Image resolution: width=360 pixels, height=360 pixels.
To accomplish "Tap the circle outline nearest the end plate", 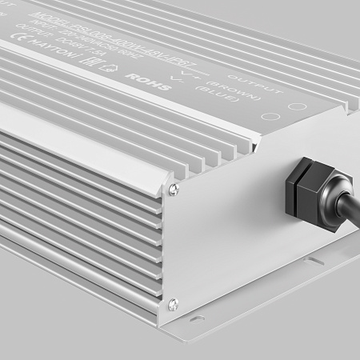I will tap(295, 106).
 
